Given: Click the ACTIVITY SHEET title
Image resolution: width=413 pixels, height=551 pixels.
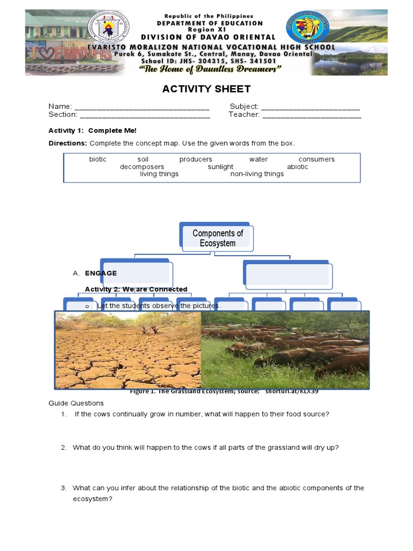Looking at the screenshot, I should point(206,89).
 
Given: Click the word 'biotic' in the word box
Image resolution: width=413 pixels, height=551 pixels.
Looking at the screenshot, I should point(98,159).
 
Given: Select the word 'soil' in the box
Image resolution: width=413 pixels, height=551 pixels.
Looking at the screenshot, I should point(143,159).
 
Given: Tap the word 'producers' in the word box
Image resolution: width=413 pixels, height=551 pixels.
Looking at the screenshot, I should point(196,159).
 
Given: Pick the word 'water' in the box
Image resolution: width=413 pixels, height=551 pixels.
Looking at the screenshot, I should point(258,159).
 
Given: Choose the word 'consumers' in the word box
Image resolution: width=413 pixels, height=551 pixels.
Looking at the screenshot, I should point(316,159).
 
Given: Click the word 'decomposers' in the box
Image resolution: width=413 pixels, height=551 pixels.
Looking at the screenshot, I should point(142,167).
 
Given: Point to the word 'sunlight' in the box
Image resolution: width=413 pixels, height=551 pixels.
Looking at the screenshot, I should point(220,167).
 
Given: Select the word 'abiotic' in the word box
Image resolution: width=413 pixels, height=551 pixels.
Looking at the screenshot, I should point(297,167).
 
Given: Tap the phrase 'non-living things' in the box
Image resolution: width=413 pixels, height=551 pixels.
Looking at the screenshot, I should point(257,174).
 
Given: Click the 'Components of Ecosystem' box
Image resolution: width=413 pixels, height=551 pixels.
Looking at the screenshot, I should point(217,238).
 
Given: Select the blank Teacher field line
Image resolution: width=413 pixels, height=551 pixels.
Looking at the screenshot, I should point(311,115).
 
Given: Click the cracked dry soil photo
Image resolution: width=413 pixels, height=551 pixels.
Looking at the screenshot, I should point(128,350).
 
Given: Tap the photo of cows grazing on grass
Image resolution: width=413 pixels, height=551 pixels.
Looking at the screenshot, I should point(285,350).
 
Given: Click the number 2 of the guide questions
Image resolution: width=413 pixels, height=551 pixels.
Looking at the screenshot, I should point(63,448).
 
